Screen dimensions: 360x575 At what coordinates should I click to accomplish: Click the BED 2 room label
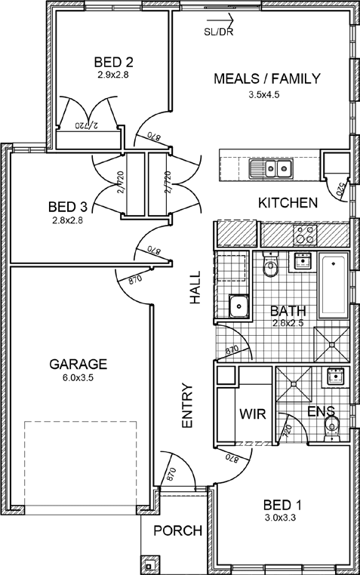(114, 62)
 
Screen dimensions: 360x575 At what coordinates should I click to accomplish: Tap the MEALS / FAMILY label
(267, 78)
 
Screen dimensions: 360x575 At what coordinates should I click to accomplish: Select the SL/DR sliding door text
(219, 32)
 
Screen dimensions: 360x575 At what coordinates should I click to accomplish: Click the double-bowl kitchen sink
(270, 169)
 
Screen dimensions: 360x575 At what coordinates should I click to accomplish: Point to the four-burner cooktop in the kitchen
(305, 235)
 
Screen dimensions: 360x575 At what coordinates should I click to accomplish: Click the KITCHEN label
(288, 203)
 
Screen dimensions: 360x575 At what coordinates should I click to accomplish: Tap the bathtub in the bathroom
(334, 285)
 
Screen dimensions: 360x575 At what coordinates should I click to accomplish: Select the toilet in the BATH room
(271, 264)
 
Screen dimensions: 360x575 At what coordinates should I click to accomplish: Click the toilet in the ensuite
(332, 428)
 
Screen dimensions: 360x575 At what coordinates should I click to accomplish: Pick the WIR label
(252, 414)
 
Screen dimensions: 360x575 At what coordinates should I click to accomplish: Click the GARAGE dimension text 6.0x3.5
(78, 377)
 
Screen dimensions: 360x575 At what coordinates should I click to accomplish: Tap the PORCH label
(178, 530)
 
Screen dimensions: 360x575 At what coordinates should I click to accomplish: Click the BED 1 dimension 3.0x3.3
(281, 518)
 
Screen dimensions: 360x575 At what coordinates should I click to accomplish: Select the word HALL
(195, 287)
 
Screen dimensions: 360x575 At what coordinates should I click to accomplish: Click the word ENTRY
(187, 405)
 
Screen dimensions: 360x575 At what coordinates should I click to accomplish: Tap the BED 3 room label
(68, 208)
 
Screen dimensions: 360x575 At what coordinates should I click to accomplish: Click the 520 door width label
(341, 190)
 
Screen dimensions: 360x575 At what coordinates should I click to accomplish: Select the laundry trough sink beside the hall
(239, 306)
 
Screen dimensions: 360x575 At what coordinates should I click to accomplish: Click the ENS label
(321, 411)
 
